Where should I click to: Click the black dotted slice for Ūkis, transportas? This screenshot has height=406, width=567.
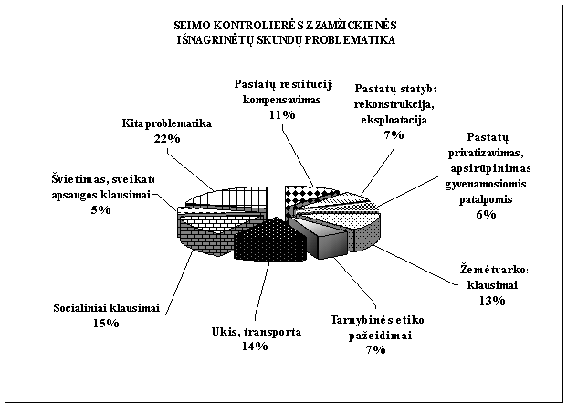click(268, 240)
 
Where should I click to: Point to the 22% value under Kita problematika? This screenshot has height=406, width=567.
click(167, 137)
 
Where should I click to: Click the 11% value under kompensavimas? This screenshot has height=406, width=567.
click(282, 115)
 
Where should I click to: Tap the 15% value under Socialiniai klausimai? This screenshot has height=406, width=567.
click(106, 323)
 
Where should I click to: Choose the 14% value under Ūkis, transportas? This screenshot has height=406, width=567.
click(254, 346)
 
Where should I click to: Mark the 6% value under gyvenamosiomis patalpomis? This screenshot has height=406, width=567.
click(485, 215)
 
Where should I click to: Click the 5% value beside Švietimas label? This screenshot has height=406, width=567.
click(100, 209)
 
